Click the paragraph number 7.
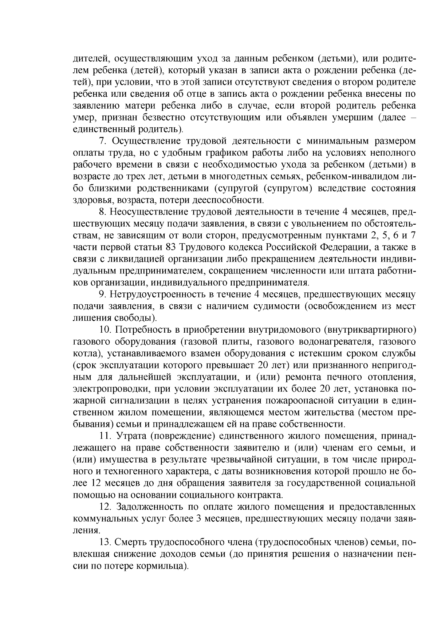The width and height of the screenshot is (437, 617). click(x=102, y=141)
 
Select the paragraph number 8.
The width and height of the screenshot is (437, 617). click(x=102, y=212)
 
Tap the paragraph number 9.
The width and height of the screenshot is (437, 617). click(x=102, y=295)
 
